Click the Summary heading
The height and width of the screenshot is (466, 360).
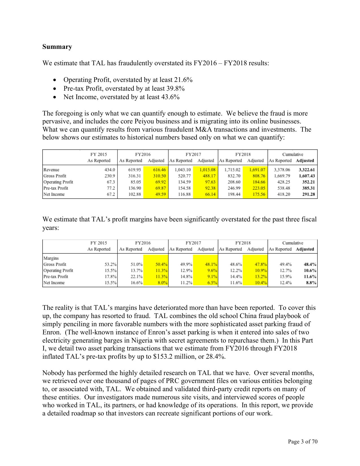click(x=57, y=47)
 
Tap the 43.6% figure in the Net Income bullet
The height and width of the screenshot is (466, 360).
click(x=170, y=97)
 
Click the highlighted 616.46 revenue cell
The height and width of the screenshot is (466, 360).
click(x=159, y=170)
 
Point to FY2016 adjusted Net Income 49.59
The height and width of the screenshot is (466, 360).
click(x=160, y=194)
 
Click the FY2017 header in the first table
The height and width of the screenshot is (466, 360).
click(x=193, y=154)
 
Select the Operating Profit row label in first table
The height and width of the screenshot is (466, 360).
click(x=58, y=182)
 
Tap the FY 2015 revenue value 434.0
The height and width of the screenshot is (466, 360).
click(x=110, y=170)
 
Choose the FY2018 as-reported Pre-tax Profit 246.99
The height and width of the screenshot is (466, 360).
click(x=234, y=188)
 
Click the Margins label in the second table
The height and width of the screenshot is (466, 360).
click(x=51, y=258)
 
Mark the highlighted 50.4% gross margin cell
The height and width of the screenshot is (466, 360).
click(x=162, y=264)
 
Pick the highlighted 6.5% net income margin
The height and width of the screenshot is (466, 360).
click(x=212, y=283)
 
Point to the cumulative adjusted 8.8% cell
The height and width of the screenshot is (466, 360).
click(x=311, y=283)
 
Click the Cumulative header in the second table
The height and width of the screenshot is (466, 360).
click(x=293, y=243)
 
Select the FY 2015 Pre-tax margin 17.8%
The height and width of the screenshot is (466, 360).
click(x=111, y=276)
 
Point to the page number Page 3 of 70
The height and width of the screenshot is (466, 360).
click(x=302, y=441)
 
